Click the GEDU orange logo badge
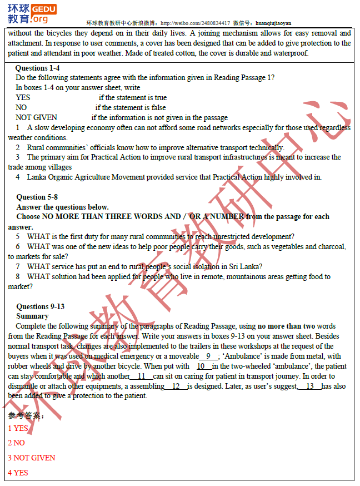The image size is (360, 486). (x=44, y=9)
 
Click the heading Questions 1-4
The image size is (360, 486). (x=37, y=68)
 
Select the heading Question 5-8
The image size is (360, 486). (x=37, y=197)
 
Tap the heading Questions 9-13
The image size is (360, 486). (x=40, y=306)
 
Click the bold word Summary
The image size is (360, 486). (x=32, y=316)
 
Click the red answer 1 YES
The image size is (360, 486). (x=18, y=428)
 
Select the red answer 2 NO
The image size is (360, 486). (x=16, y=443)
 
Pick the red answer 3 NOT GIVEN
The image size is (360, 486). (x=32, y=458)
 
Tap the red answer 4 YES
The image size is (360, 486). (x=18, y=473)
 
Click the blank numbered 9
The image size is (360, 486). (x=208, y=356)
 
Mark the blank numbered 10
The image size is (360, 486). (x=204, y=366)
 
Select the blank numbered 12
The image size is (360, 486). (x=176, y=386)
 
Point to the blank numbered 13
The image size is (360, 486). (x=310, y=386)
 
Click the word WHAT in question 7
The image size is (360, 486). (x=38, y=266)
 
